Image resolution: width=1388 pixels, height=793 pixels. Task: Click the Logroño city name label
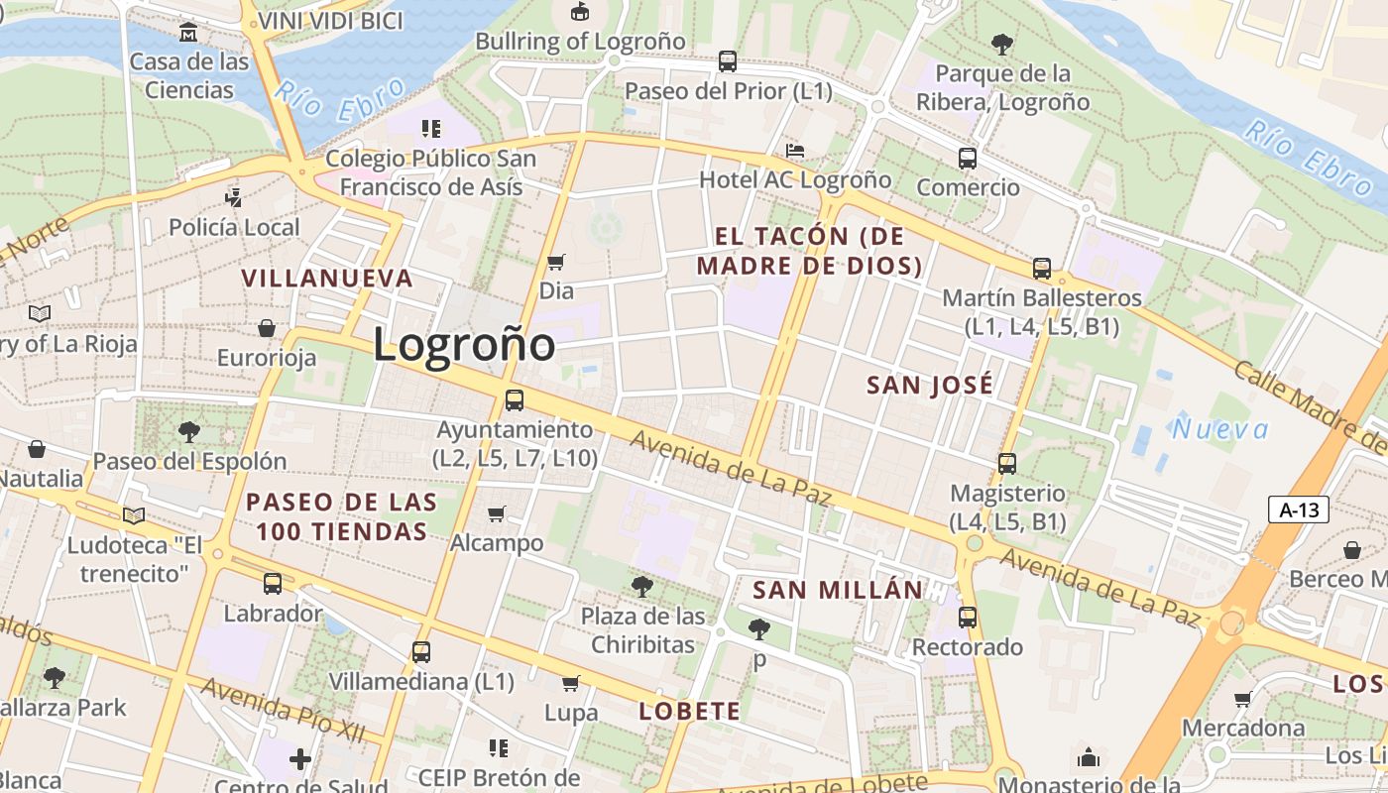coord(464,345)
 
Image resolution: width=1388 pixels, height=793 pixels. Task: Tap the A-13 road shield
coord(1299,510)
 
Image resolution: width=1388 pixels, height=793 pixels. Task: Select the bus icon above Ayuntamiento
coord(515,400)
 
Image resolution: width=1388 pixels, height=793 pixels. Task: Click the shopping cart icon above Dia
coord(556,262)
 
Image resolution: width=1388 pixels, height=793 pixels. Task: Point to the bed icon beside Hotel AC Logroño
coord(794,151)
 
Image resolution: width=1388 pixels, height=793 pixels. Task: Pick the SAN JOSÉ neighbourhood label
coord(930,386)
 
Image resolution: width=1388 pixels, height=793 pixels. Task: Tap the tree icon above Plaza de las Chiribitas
coord(642,587)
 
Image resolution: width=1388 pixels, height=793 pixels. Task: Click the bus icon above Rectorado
coord(968,618)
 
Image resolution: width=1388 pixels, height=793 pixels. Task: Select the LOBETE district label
coord(690,711)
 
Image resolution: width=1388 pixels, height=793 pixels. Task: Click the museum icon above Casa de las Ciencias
coord(188,33)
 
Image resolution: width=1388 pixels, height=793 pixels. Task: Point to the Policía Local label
coord(234,227)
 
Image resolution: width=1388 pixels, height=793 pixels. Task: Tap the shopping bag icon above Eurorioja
coord(267,327)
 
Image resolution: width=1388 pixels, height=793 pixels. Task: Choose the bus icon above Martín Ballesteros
coord(1042,268)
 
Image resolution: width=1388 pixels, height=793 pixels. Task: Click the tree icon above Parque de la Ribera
coord(1002,44)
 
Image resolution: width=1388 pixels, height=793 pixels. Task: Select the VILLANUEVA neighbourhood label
coord(327,278)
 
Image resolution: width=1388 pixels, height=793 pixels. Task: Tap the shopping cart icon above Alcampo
coord(497,513)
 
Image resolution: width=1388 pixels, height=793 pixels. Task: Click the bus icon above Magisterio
coord(1007,463)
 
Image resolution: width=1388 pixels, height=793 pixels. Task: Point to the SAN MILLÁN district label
coord(838,590)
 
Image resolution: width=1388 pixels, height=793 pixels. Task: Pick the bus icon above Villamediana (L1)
coord(421,651)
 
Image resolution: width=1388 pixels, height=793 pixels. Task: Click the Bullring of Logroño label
coord(580,42)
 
